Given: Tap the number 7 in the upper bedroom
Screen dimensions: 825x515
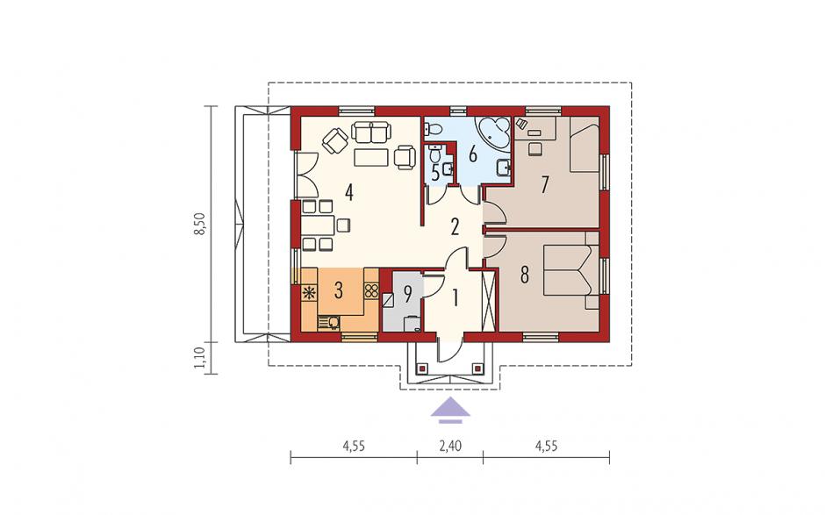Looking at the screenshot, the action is tap(544, 184).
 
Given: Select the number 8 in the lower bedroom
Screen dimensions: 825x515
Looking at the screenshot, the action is tap(524, 275).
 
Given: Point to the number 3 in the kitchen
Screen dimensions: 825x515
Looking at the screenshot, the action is tap(338, 290).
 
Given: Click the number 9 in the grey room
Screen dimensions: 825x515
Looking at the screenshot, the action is tap(407, 295).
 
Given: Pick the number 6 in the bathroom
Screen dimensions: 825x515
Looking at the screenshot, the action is tap(472, 154).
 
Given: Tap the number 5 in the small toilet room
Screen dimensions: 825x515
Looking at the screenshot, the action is tap(435, 173).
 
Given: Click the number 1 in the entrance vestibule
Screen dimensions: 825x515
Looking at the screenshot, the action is tap(455, 297).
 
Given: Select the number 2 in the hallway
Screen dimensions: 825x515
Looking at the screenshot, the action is tap(455, 226).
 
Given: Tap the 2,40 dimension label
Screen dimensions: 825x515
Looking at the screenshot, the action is tap(450, 447).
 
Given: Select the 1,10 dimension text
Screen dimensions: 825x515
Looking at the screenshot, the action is tap(200, 358).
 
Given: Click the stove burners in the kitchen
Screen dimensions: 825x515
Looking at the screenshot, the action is tap(371, 291).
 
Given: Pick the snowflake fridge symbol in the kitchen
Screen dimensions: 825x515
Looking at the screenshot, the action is tap(309, 292).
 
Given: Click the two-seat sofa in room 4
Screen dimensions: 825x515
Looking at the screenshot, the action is tap(371, 132).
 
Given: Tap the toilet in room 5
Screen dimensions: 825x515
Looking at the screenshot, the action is tap(434, 153).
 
